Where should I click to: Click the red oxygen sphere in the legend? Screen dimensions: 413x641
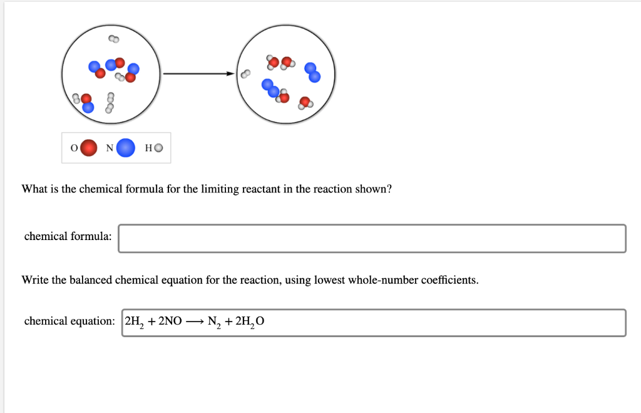coord(90,148)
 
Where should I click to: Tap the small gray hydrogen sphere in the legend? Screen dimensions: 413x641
coord(158,149)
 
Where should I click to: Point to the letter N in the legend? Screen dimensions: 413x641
coord(110,149)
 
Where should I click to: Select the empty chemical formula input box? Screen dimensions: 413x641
coord(372,238)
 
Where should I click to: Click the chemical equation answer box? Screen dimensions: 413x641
coord(374,322)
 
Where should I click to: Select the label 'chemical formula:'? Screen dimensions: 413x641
coord(68,236)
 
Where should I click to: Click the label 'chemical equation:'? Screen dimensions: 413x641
coord(69,321)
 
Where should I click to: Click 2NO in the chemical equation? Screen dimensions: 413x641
coord(170,322)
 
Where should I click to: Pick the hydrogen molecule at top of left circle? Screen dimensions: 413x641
coord(113,39)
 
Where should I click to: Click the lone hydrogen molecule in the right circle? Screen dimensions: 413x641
coord(246,74)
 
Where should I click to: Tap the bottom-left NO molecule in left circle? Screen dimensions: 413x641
coord(87,103)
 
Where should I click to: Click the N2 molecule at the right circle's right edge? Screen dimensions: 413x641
coord(313,73)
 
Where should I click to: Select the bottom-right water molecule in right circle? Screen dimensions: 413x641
coord(305,103)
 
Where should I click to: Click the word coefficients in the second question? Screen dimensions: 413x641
coord(449,280)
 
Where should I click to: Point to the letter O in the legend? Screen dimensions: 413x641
coord(73,149)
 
